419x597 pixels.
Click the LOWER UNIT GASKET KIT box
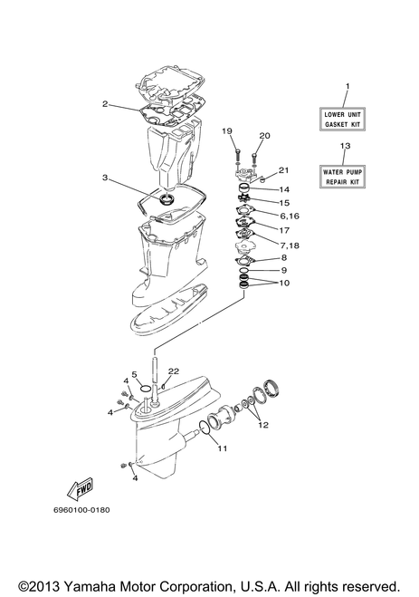click(342, 120)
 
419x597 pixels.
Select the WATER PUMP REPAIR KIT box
click(342, 177)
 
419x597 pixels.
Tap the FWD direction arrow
click(81, 489)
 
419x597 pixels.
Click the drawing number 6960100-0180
click(81, 509)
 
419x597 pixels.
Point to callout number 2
click(105, 103)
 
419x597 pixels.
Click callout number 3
click(105, 178)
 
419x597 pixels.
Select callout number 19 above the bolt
click(227, 131)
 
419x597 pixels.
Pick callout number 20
click(264, 136)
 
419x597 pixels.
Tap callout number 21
click(283, 169)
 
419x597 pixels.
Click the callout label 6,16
click(290, 216)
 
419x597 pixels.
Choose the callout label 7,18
click(290, 246)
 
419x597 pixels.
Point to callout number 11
click(223, 448)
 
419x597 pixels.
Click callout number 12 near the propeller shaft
click(263, 425)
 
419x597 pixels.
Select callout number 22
click(174, 371)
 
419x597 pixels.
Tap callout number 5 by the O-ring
click(134, 375)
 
